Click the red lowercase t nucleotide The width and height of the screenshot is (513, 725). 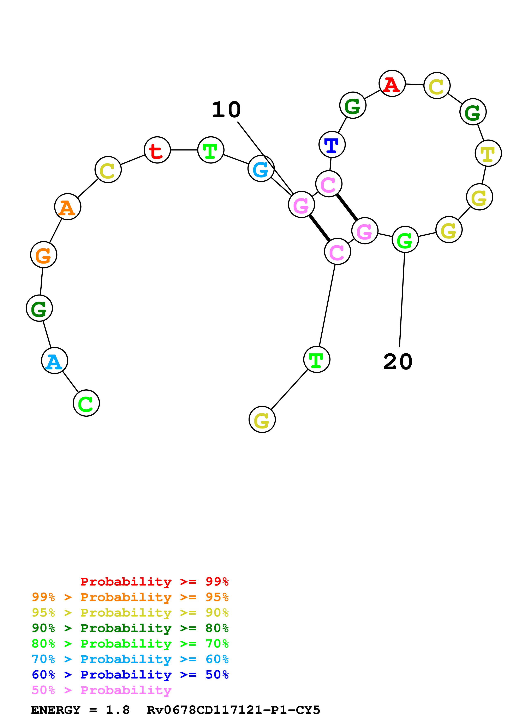tap(157, 150)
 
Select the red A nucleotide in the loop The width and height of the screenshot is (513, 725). tap(392, 84)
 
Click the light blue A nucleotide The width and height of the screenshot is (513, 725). tap(54, 361)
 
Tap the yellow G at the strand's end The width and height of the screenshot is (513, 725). tap(262, 420)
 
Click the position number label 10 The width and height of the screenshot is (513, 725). tap(226, 110)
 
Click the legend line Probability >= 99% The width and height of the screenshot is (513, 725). tap(154, 582)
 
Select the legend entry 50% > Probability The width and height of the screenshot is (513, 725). tap(101, 690)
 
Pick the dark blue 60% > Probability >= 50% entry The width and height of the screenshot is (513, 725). tap(130, 675)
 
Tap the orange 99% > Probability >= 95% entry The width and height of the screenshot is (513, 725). tap(130, 597)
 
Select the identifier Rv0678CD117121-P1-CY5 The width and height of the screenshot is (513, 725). tap(233, 710)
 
